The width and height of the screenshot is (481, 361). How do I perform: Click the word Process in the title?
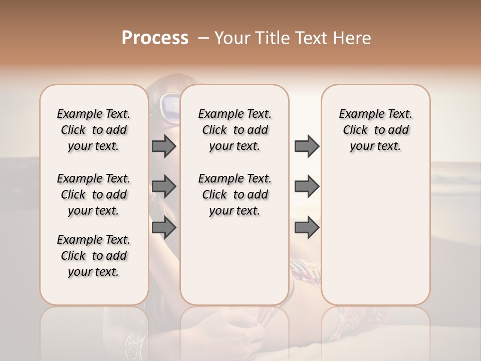pyautogui.click(x=155, y=38)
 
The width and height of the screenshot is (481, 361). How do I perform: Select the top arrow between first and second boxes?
pyautogui.click(x=164, y=146)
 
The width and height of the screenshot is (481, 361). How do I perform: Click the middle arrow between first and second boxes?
pyautogui.click(x=164, y=187)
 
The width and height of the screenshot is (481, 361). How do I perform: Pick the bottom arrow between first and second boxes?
pyautogui.click(x=164, y=228)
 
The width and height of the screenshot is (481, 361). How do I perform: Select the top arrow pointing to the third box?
pyautogui.click(x=307, y=146)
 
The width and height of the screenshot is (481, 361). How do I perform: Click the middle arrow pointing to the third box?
pyautogui.click(x=307, y=187)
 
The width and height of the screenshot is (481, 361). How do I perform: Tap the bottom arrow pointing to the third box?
pyautogui.click(x=307, y=228)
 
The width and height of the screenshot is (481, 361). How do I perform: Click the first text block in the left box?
pyautogui.click(x=94, y=130)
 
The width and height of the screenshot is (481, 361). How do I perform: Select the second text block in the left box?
pyautogui.click(x=94, y=195)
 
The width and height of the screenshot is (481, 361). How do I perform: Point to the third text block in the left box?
pyautogui.click(x=94, y=256)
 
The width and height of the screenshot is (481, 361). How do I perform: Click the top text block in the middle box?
pyautogui.click(x=234, y=130)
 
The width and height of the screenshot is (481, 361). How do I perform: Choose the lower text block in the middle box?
pyautogui.click(x=234, y=195)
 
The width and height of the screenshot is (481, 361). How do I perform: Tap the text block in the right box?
pyautogui.click(x=375, y=130)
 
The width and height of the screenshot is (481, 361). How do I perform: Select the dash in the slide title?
pyautogui.click(x=203, y=38)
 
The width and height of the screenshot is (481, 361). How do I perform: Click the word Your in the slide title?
pyautogui.click(x=232, y=38)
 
